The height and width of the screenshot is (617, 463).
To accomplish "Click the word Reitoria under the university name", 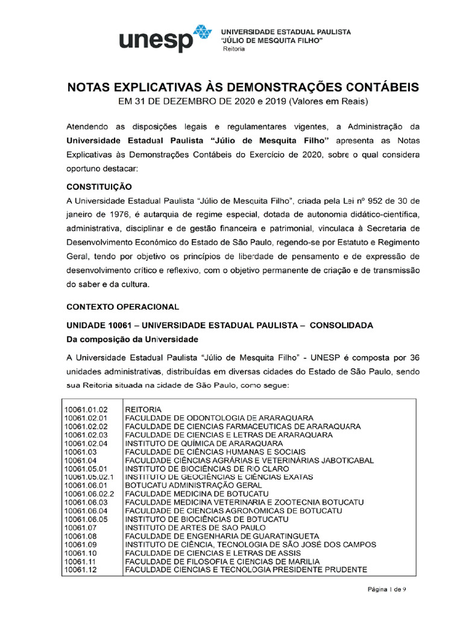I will click(235, 49).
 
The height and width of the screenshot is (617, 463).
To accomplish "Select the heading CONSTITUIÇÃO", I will click(99, 187).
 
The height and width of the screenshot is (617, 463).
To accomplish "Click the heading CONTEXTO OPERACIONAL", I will click(122, 306).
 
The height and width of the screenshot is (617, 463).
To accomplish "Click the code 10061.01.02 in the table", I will click(86, 409).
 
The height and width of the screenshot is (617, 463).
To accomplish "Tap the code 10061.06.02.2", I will click(89, 493).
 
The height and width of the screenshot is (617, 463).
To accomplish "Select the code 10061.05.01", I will click(86, 468).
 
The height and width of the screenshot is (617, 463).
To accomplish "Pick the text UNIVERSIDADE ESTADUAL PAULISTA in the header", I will click(286, 31).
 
